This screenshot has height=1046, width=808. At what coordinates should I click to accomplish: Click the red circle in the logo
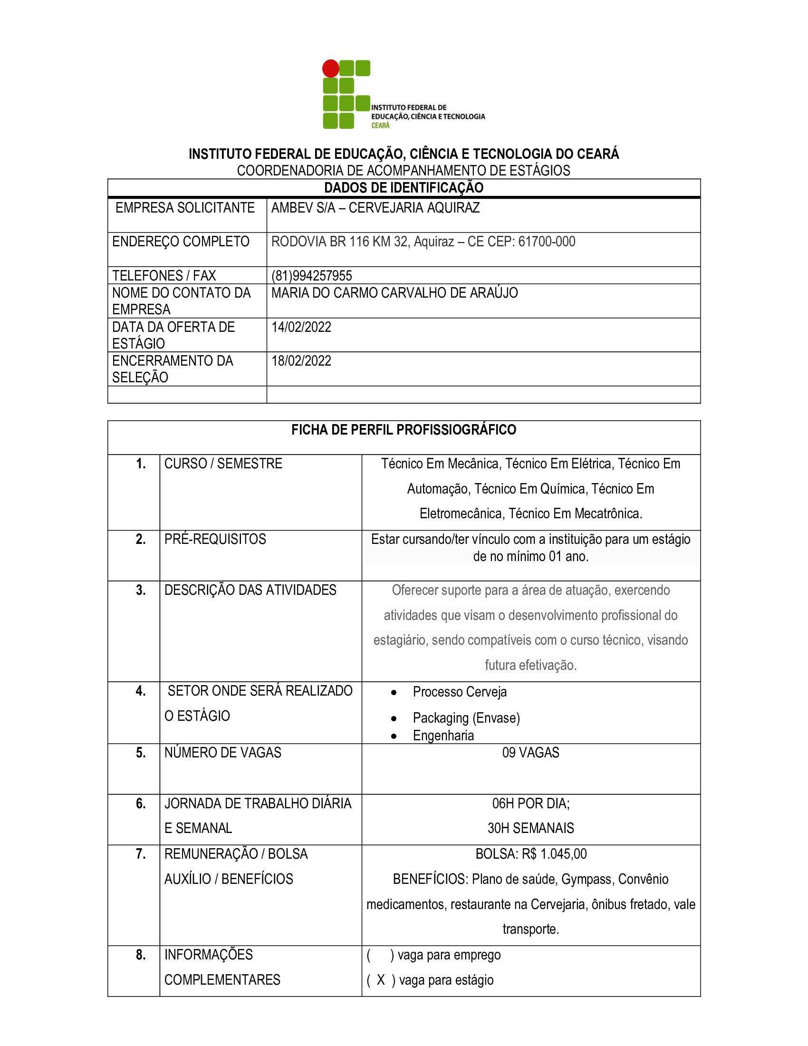coord(330,68)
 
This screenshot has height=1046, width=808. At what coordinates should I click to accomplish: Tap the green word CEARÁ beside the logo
coord(381,126)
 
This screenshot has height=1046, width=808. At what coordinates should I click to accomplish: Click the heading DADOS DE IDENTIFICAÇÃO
coord(404,188)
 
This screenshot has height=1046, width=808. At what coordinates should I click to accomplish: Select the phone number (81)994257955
coord(312,276)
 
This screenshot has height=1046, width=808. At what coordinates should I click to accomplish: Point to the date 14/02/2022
coord(301,327)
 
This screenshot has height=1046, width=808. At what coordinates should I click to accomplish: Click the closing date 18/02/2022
coord(301,361)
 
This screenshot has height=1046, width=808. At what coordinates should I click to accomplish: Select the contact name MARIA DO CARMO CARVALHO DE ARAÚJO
coord(394,293)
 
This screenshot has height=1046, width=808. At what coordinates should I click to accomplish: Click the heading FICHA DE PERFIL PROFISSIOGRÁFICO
coord(404,430)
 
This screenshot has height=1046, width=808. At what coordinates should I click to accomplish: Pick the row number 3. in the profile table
coord(140,590)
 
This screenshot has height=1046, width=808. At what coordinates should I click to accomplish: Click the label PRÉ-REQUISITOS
coord(215,539)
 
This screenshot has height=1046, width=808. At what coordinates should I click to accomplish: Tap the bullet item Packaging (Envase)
coord(466,718)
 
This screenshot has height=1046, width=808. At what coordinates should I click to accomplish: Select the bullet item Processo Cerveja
coord(460,692)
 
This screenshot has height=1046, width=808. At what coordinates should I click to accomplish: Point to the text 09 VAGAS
coord(530,753)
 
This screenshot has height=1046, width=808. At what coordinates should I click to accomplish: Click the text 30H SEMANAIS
coord(530,828)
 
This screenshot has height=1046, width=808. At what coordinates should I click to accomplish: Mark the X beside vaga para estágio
coord(381,980)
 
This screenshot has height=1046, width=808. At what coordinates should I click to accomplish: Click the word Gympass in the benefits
coord(587,879)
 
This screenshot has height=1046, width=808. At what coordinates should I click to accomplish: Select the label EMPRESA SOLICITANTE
coord(185,208)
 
